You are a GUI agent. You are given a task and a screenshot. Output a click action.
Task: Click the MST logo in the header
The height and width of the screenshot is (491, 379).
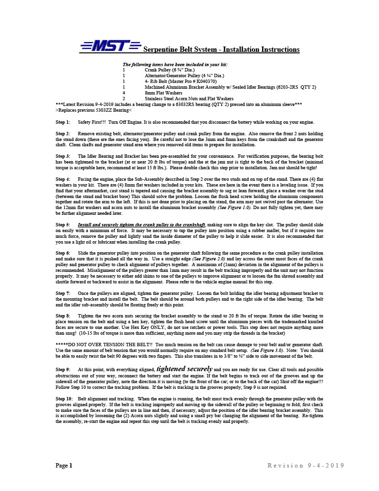(110, 46)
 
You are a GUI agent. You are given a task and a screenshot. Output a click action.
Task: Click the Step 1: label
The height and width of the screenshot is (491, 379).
(63, 122)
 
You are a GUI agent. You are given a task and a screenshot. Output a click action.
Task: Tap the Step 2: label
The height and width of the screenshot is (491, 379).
(63, 133)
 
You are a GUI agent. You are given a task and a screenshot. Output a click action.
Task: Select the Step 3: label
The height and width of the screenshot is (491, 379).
(63, 156)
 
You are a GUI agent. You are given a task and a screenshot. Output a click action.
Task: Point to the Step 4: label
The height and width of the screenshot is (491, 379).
(63, 179)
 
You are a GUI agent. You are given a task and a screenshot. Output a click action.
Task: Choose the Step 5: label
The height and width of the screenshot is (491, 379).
(63, 224)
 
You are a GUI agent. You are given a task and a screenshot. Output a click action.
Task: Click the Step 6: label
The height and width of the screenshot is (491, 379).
(63, 253)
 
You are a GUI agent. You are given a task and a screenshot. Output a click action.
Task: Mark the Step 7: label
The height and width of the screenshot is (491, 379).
(63, 293)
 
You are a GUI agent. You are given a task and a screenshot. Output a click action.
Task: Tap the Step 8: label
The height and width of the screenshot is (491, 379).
(63, 316)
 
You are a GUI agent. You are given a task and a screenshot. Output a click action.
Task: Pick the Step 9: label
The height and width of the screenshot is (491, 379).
(63, 370)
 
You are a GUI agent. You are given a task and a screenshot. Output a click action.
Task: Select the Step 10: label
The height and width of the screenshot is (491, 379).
(64, 398)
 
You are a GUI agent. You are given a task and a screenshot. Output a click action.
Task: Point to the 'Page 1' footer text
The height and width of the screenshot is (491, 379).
(64, 466)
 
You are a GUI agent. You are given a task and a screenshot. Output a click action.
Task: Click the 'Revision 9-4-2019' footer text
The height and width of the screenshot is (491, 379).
(306, 466)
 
